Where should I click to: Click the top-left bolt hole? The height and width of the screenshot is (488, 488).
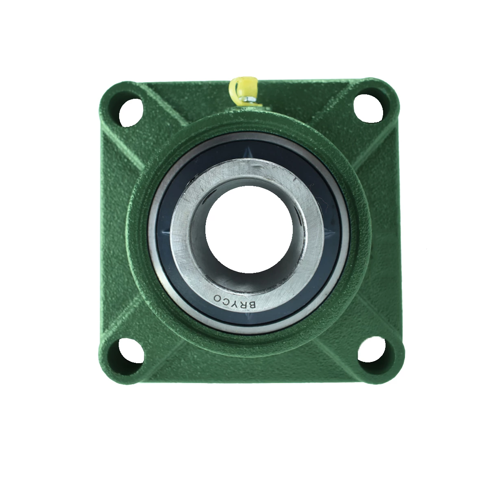[x=131, y=112]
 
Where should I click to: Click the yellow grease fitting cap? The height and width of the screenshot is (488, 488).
[x=243, y=87]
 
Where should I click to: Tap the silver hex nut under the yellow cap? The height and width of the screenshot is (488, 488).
[x=246, y=100]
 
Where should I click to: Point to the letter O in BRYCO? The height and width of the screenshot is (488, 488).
[x=217, y=297]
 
